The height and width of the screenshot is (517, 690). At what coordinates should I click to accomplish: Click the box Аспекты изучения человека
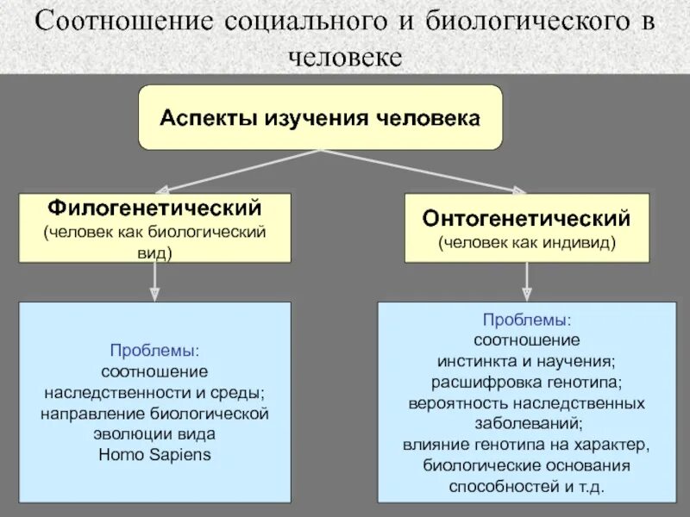pyautogui.click(x=320, y=117)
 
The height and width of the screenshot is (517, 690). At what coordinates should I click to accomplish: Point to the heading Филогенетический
pyautogui.click(x=155, y=209)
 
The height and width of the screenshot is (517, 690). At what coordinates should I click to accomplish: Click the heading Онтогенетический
pyautogui.click(x=527, y=219)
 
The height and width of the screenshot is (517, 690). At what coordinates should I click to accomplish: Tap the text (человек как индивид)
pyautogui.click(x=527, y=242)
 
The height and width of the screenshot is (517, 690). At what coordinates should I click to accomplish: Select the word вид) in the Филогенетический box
pyautogui.click(x=155, y=253)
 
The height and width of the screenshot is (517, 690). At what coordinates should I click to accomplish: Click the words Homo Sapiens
pyautogui.click(x=155, y=454)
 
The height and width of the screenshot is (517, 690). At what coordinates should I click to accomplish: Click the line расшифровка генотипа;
pyautogui.click(x=526, y=381)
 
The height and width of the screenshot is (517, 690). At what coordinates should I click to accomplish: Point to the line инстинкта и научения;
pyautogui.click(x=526, y=360)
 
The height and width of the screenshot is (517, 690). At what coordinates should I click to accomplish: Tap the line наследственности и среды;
pyautogui.click(x=155, y=393)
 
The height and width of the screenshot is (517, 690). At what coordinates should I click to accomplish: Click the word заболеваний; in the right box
pyautogui.click(x=526, y=423)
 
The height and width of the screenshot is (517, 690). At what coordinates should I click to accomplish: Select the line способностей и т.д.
pyautogui.click(x=526, y=486)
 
